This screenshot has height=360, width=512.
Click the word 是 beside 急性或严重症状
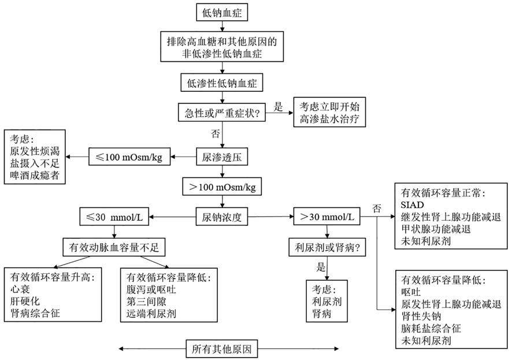point(278,106)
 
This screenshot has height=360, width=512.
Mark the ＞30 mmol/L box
point(327,218)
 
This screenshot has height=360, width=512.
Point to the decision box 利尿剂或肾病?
point(327,248)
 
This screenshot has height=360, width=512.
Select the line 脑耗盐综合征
point(430,328)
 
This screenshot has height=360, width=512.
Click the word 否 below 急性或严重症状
point(216,134)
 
